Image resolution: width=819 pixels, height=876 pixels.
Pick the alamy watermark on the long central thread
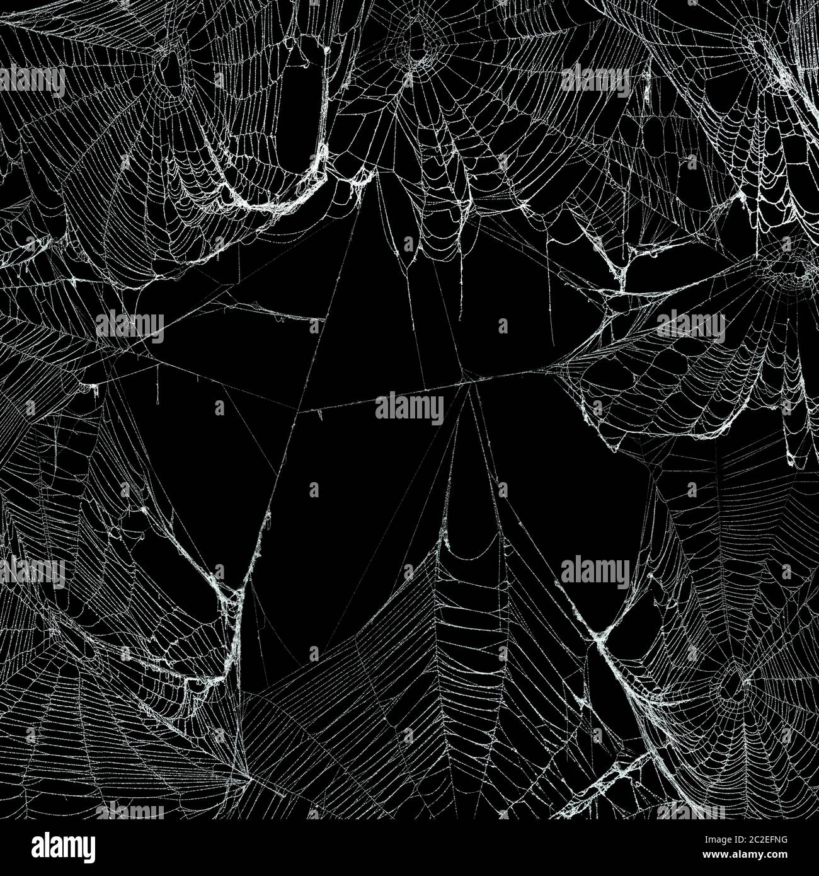(409, 408)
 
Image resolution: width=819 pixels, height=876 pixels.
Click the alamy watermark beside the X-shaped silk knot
(594, 572)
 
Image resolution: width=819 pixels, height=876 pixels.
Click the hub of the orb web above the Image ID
(731, 687)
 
